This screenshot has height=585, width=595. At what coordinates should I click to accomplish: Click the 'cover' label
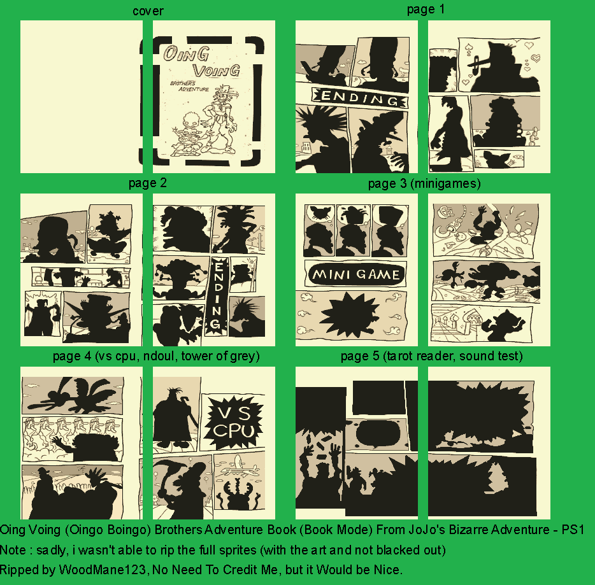click(x=148, y=11)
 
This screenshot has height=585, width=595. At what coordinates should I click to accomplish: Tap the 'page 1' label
click(x=426, y=9)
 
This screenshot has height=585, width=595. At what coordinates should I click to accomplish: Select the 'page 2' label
click(x=148, y=183)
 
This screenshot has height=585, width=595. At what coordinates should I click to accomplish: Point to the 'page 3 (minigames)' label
click(x=424, y=183)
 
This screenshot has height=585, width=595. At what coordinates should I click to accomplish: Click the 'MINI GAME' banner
click(x=356, y=274)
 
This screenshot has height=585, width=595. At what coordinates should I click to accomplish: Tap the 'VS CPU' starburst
click(x=233, y=422)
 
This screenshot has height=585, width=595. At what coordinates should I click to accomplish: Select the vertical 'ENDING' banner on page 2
click(x=218, y=296)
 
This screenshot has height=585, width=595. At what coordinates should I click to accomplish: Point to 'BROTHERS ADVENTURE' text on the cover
click(x=189, y=86)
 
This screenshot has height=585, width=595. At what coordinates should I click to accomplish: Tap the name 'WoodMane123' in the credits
click(x=102, y=570)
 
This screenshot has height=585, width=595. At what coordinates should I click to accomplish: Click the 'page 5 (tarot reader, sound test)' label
click(x=431, y=356)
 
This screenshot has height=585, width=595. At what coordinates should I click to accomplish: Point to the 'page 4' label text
click(x=72, y=356)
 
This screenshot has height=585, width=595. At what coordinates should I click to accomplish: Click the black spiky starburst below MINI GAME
click(x=350, y=314)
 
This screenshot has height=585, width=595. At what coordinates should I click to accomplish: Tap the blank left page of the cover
click(x=81, y=97)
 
